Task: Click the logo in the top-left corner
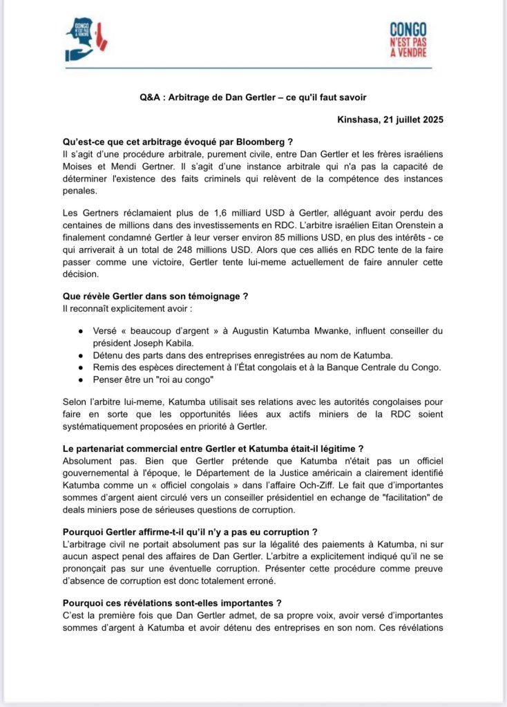[84, 39]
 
